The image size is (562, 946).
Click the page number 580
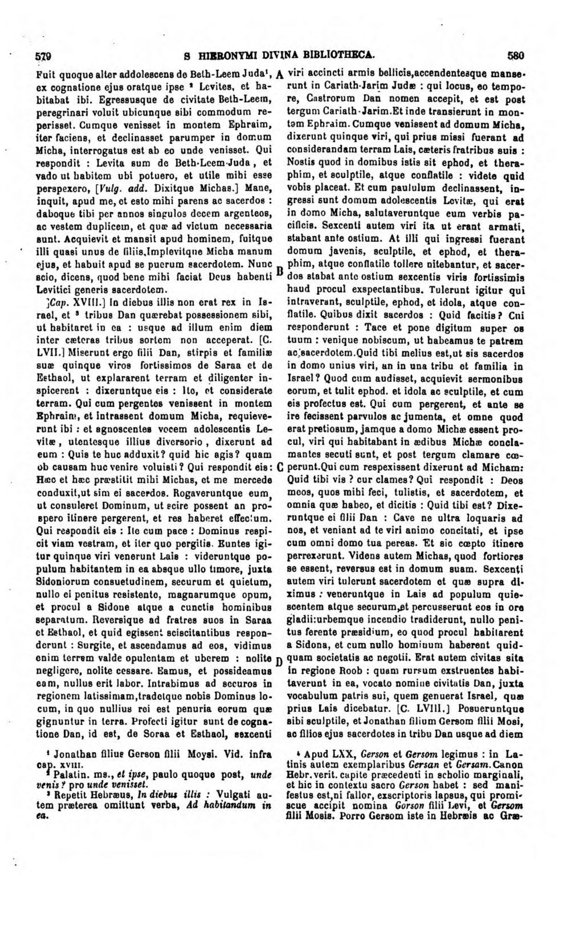click(516, 57)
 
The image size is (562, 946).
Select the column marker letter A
click(279, 74)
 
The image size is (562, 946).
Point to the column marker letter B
click(279, 271)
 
